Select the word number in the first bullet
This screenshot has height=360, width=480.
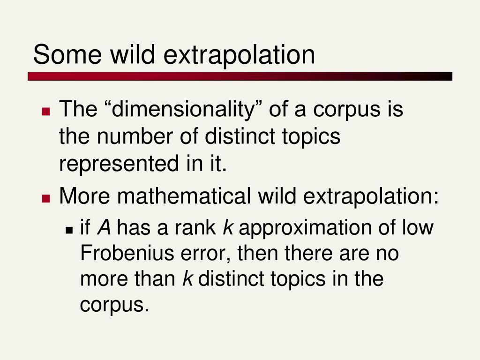pos(135,136)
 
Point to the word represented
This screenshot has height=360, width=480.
pos(119,164)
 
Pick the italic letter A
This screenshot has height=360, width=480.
pos(104,228)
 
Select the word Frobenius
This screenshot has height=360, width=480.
pos(127,253)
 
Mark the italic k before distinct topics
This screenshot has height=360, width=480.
pos(187,279)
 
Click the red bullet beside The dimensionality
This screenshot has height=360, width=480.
pos(46,111)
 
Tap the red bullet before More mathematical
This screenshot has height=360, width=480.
pos(46,198)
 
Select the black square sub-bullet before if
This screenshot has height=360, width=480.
pos(69,230)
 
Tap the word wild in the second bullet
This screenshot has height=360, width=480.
pos(277,195)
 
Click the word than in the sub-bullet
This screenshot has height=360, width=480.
pos(155,279)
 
